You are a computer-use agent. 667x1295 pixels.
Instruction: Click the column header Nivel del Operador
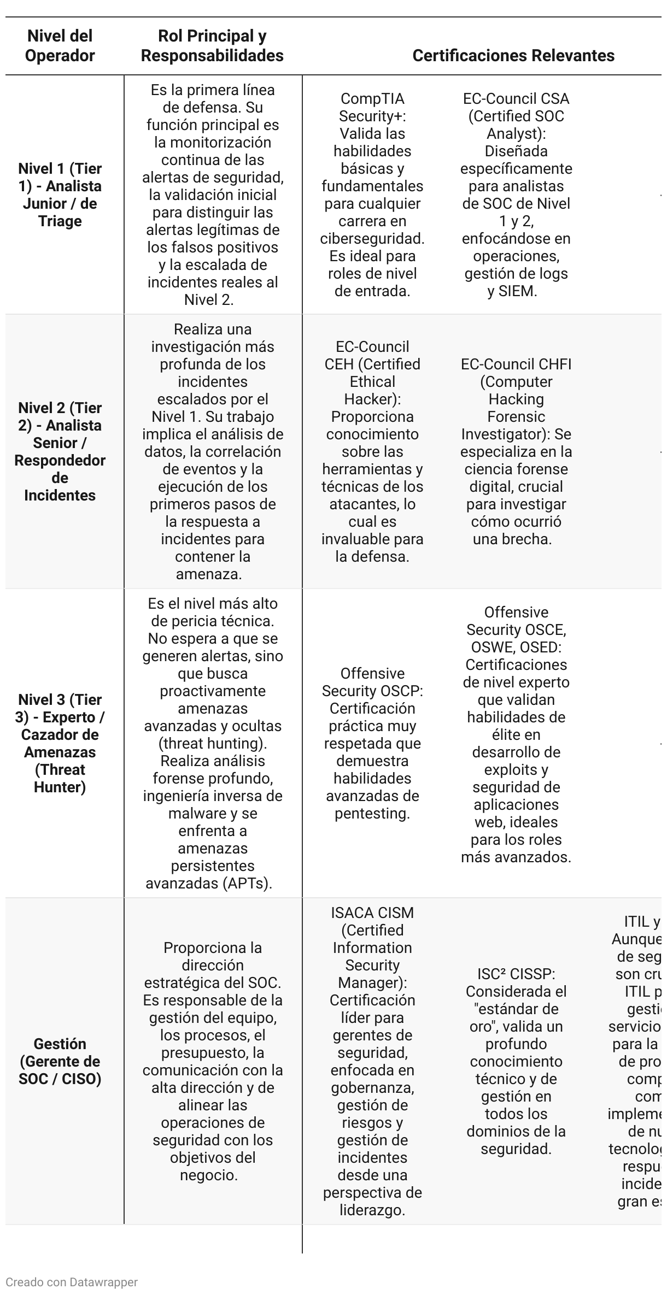(60, 46)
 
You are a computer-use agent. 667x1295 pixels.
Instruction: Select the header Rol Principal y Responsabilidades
(212, 46)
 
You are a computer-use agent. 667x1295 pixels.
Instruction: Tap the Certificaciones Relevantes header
(513, 56)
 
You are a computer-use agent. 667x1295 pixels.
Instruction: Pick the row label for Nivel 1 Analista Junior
(60, 195)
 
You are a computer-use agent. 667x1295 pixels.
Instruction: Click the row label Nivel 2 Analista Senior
(60, 451)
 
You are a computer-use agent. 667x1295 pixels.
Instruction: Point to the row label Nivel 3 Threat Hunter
(60, 743)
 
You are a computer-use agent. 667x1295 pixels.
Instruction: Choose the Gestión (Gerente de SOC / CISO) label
(60, 1061)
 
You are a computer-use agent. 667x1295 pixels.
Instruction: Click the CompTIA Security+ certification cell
(372, 195)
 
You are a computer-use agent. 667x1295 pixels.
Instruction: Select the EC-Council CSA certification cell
(516, 195)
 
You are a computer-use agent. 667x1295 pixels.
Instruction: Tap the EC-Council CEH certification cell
(372, 451)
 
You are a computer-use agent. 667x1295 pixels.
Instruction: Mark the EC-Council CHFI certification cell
(516, 451)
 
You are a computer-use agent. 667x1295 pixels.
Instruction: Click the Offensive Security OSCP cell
(372, 743)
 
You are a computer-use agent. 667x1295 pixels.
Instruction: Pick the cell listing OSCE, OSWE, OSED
(516, 734)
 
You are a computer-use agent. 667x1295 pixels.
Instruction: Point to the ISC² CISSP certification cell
(516, 1061)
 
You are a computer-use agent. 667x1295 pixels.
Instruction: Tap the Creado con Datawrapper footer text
(72, 1282)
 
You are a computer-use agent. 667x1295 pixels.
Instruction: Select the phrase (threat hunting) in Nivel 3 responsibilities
(213, 744)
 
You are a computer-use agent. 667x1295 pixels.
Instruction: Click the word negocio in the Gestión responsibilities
(208, 1175)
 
